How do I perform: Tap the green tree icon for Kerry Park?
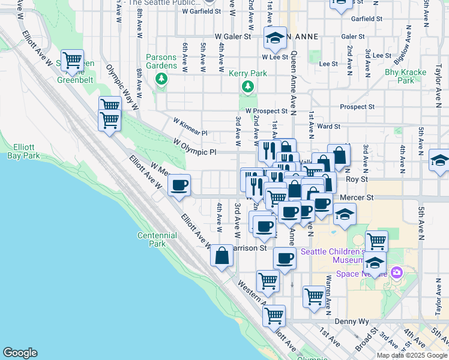(x=247, y=88)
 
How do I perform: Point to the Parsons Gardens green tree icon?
(x=161, y=79)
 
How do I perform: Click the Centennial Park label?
(x=157, y=240)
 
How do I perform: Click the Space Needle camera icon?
(x=396, y=273)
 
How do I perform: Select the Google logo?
(x=20, y=353)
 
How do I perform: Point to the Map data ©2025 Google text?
(x=412, y=355)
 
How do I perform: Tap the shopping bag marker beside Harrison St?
(x=221, y=256)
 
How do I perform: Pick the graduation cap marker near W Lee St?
(x=275, y=40)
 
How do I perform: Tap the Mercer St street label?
(x=357, y=197)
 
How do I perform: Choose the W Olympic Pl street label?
(x=194, y=148)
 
